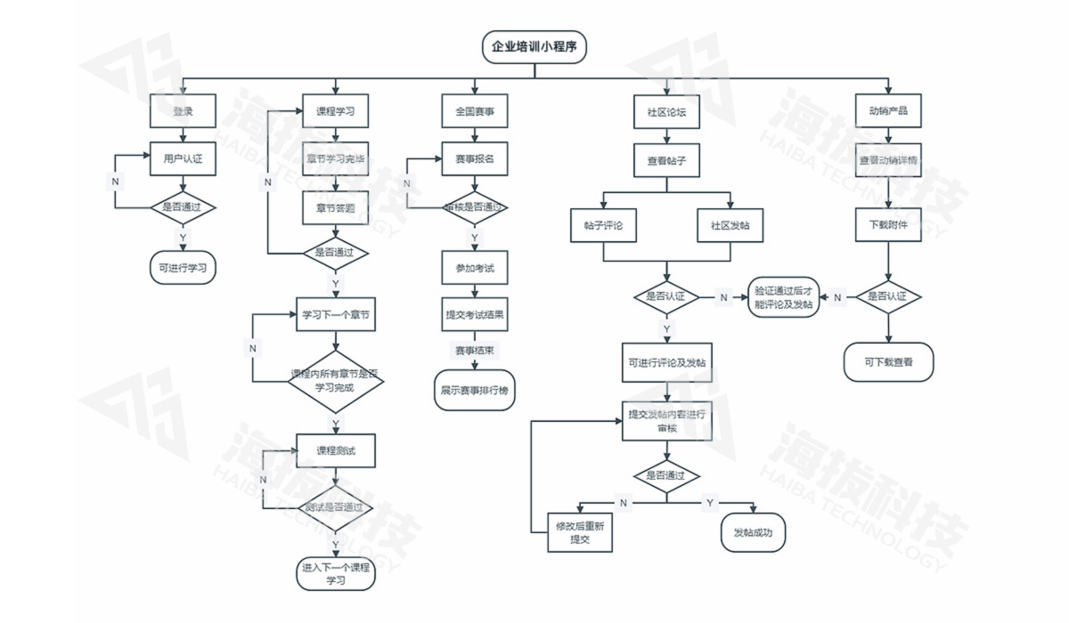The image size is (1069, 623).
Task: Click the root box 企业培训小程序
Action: (x=534, y=47)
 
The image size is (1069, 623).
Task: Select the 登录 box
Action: (x=183, y=112)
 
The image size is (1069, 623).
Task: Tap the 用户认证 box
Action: (x=183, y=159)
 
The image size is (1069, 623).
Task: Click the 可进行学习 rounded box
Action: (x=183, y=266)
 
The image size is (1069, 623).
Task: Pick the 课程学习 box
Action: (x=336, y=112)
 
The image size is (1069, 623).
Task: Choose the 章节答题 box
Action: (x=336, y=208)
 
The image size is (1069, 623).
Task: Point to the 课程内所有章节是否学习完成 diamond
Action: (x=336, y=381)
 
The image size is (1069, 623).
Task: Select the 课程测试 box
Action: (x=336, y=450)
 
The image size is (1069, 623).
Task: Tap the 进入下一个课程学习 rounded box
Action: (x=336, y=573)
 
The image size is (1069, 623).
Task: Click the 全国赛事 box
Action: (x=475, y=112)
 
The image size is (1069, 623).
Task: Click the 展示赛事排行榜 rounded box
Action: (x=475, y=390)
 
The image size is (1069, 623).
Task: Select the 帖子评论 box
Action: (x=603, y=226)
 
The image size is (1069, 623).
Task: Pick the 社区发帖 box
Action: (x=730, y=226)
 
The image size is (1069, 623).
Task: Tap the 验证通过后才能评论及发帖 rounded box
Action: (x=783, y=296)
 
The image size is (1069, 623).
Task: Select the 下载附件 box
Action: (x=888, y=225)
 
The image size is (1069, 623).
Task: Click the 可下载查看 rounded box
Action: (x=888, y=362)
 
